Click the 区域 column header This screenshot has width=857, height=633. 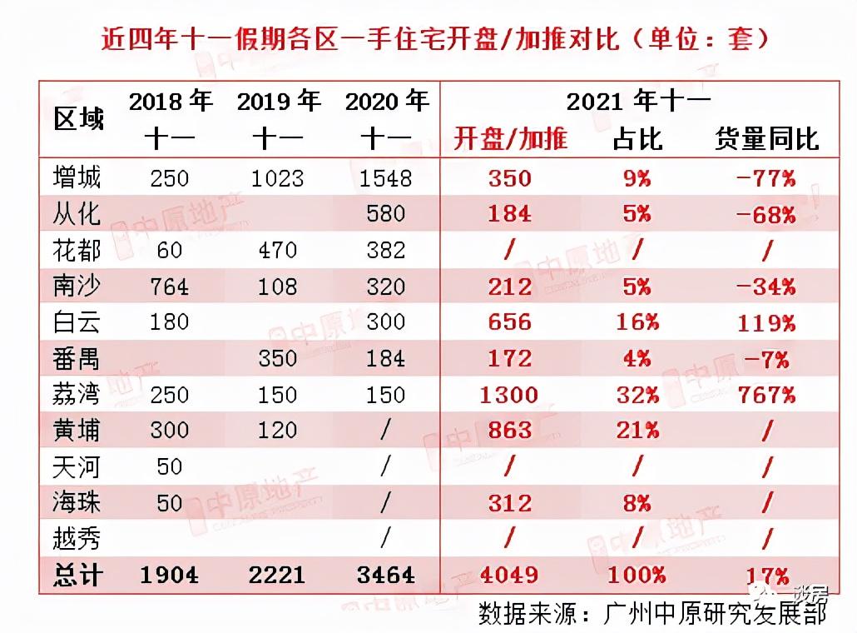click(80, 119)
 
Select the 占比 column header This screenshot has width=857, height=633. click(637, 138)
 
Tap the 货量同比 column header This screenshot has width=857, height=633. click(766, 138)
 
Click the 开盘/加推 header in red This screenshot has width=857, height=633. click(510, 138)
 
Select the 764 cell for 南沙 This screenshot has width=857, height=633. click(169, 287)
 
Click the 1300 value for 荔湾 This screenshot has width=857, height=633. click(508, 394)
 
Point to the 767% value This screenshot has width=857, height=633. click(765, 394)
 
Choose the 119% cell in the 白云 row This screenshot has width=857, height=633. click(765, 322)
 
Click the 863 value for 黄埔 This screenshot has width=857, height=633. click(508, 431)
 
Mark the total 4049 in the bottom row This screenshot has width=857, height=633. click(508, 575)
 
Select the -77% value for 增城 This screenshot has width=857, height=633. click(765, 177)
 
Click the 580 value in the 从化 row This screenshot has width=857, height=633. click(386, 214)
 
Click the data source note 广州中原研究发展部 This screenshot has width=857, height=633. click(713, 614)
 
